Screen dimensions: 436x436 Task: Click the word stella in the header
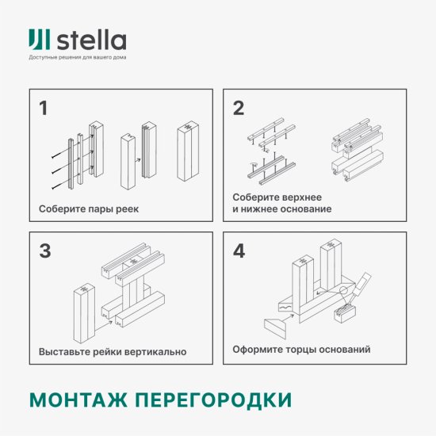[x=90, y=40]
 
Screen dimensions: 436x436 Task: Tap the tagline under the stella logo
[x=77, y=58]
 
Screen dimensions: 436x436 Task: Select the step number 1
[x=44, y=109]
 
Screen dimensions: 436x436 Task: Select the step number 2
[x=238, y=109]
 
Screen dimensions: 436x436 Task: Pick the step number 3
[x=45, y=251]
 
